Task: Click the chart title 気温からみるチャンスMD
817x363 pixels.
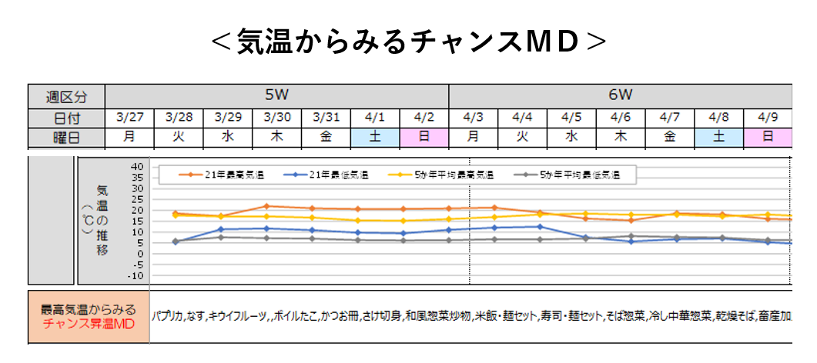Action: pos(408,42)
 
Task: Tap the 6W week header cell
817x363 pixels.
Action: pos(620,95)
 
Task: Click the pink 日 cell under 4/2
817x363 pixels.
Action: pos(424,137)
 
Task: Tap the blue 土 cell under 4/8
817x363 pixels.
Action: pos(719,137)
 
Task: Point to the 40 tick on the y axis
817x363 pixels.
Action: pos(138,166)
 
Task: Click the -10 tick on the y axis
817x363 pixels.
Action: pos(136,275)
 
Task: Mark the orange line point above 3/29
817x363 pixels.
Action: pos(266,206)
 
